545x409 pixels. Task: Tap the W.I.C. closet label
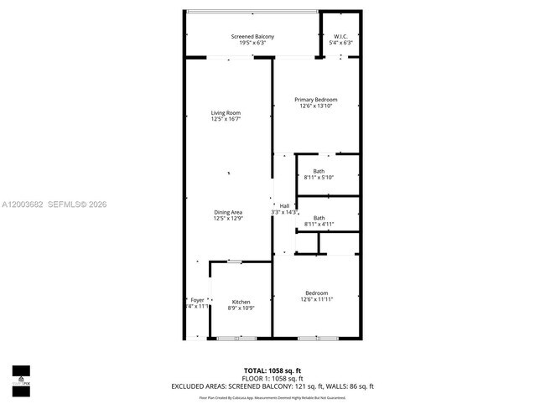coord(340,37)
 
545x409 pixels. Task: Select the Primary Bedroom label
coord(315,100)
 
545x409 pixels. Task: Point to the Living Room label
coord(226,113)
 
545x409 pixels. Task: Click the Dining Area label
coord(228,212)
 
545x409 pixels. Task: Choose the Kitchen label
coord(241,302)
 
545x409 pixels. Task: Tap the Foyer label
coord(197,300)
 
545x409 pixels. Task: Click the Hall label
coord(284,206)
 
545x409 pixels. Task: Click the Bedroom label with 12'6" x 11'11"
coord(316,293)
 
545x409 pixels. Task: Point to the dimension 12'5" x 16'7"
coord(226,119)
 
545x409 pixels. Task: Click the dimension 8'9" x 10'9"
coord(241,308)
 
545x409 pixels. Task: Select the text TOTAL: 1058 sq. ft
coord(272,370)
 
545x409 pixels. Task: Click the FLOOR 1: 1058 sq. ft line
coord(272,378)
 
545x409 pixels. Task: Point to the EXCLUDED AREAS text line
coord(272,386)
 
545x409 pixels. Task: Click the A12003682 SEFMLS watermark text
coord(54,204)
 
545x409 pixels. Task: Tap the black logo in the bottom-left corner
coord(20,376)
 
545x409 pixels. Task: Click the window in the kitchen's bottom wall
coord(236,338)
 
